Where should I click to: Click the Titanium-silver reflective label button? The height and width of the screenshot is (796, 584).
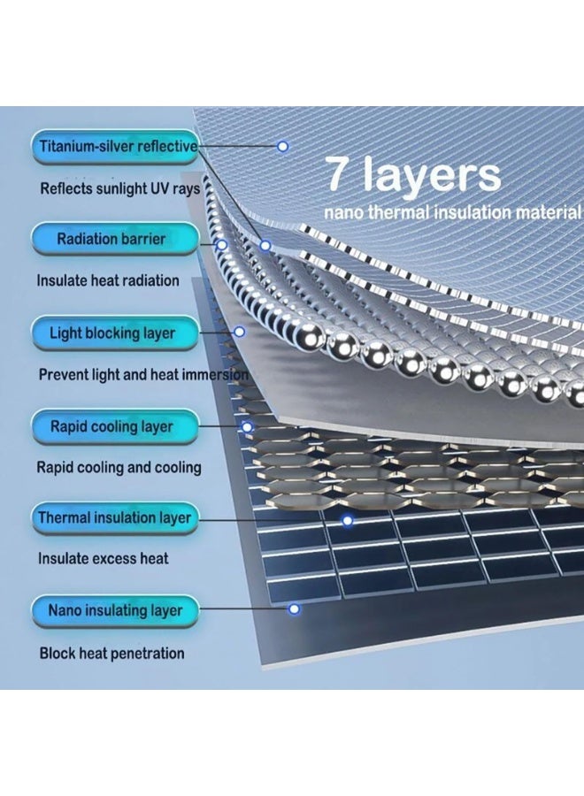pyautogui.click(x=115, y=147)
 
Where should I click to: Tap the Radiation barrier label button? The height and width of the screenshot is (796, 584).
pyautogui.click(x=115, y=239)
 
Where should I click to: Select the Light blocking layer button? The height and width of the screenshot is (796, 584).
pyautogui.click(x=115, y=333)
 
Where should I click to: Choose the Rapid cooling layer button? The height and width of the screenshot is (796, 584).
pyautogui.click(x=115, y=426)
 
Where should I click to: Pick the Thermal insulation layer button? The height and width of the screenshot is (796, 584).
pyautogui.click(x=115, y=517)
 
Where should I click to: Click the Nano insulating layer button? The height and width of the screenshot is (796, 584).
pyautogui.click(x=115, y=610)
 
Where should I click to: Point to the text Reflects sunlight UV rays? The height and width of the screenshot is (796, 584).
pyautogui.click(x=119, y=189)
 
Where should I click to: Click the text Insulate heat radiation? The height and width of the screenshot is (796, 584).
pyautogui.click(x=108, y=280)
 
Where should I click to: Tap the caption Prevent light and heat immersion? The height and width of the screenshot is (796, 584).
pyautogui.click(x=143, y=375)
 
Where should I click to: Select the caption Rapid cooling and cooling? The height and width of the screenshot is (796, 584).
pyautogui.click(x=119, y=468)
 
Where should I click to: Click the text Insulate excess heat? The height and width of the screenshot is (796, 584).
pyautogui.click(x=104, y=559)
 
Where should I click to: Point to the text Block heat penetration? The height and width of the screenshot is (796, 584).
pyautogui.click(x=111, y=653)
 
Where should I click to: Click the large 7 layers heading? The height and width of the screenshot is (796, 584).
pyautogui.click(x=413, y=175)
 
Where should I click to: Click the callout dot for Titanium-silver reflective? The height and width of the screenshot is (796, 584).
pyautogui.click(x=283, y=146)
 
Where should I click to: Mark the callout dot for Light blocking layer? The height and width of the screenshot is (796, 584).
pyautogui.click(x=240, y=332)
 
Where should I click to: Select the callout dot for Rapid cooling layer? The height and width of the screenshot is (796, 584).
pyautogui.click(x=247, y=427)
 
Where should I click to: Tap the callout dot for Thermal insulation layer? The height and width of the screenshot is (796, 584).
pyautogui.click(x=348, y=520)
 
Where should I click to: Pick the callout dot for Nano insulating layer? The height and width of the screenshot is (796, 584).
pyautogui.click(x=294, y=608)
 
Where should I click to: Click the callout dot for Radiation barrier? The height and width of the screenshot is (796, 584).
pyautogui.click(x=221, y=245)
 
